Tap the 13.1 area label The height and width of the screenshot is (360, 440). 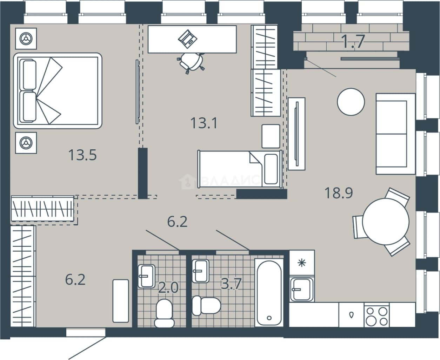[204, 123]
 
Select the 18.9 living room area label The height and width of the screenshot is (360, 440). [339, 193]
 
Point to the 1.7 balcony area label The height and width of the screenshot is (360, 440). [354, 41]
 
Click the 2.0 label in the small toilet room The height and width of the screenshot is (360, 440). [168, 288]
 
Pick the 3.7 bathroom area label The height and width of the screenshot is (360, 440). [231, 284]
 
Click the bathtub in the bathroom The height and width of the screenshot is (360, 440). [269, 293]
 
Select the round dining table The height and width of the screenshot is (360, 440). [386, 222]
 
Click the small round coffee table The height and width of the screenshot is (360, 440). [351, 102]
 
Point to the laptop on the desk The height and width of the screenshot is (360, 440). [188, 39]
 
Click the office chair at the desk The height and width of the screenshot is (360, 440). [191, 62]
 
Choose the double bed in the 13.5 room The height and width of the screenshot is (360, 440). [58, 91]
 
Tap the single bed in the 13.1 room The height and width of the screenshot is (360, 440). [240, 169]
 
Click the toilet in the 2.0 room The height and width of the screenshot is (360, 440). [165, 313]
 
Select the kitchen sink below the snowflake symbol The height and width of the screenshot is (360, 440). [301, 289]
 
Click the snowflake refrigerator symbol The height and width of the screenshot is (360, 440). [302, 263]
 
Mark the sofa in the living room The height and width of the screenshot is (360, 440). [395, 134]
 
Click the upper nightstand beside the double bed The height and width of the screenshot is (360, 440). [26, 39]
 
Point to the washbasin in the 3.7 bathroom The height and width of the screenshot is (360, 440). [200, 271]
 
